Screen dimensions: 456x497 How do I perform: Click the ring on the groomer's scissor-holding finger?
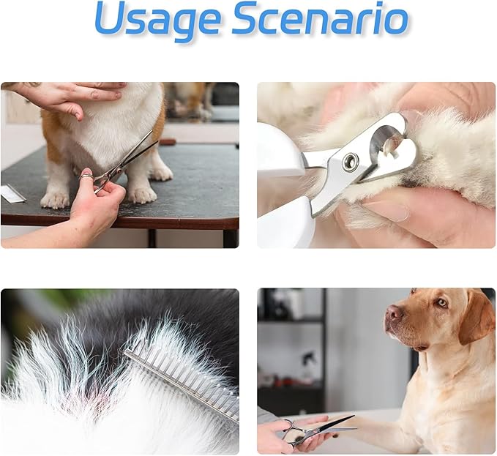pos(86,176)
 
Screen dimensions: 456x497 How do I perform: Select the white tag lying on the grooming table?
pos(12,194)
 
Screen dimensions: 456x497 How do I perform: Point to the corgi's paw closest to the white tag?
pos(55,198)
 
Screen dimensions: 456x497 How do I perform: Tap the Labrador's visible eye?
pos(441,302)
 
